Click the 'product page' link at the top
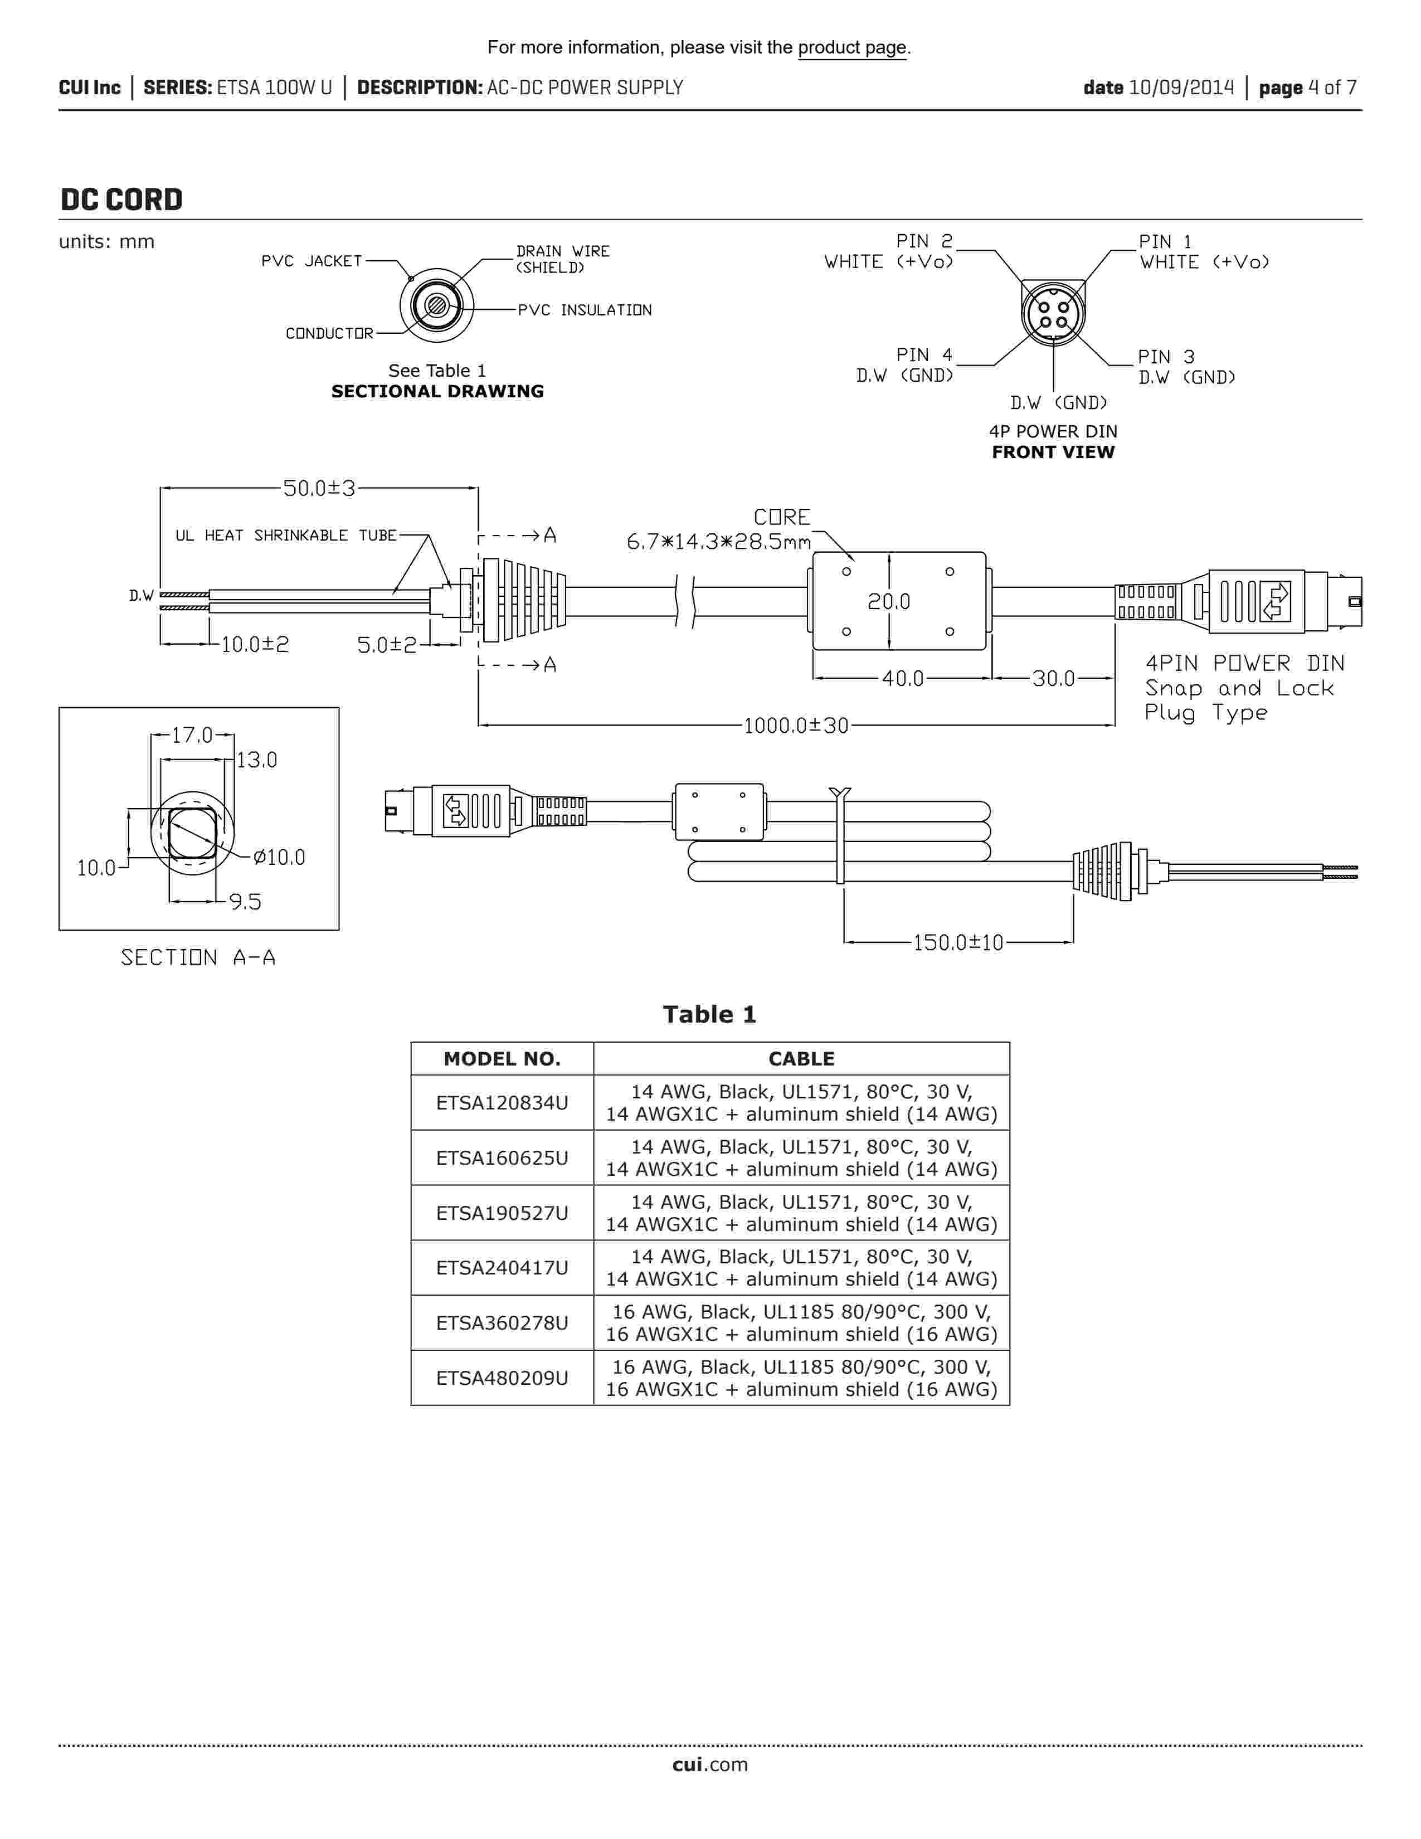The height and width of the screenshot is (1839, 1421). point(852,48)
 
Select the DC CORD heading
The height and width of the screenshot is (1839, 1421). point(121,200)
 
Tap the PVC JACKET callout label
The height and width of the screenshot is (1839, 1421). point(312,261)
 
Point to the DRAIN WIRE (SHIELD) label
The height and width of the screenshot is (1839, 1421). point(562,259)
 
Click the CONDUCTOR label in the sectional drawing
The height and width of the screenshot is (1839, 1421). point(329,333)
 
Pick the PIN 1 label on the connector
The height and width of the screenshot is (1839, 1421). point(1165,242)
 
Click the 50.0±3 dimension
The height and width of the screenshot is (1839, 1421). point(319,488)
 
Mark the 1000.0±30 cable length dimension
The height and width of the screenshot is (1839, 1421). point(796,726)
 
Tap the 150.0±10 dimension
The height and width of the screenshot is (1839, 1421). point(958,942)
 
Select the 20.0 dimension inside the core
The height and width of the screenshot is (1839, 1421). point(889,601)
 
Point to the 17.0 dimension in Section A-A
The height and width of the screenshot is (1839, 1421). point(192,735)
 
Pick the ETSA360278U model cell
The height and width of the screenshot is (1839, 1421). point(502,1323)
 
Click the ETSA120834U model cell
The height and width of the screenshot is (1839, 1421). point(502,1103)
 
